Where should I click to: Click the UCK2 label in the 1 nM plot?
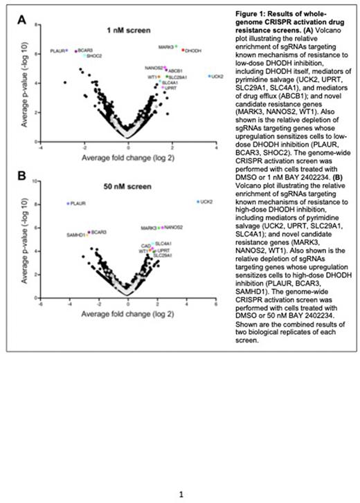click(x=218, y=76)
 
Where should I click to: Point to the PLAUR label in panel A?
click(x=57, y=51)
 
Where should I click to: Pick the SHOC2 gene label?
click(x=95, y=56)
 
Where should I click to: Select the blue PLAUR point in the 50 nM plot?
click(x=69, y=203)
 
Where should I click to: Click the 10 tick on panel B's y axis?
click(x=35, y=183)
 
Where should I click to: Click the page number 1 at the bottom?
click(x=181, y=493)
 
